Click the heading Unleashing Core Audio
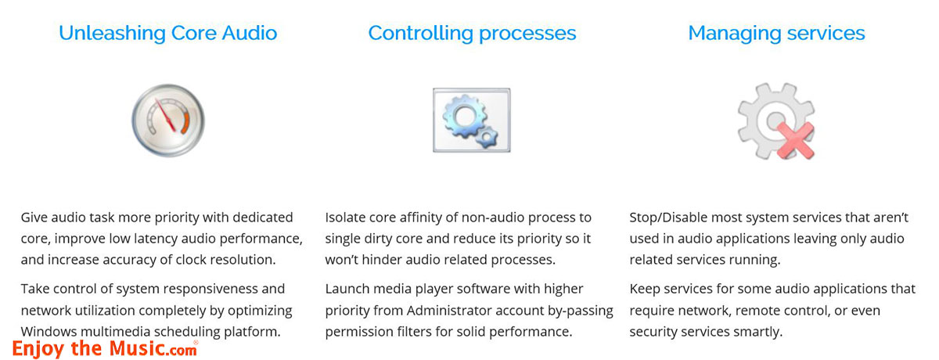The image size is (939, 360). coord(167,33)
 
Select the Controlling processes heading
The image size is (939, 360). coord(472,34)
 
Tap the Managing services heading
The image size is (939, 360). coord(776,34)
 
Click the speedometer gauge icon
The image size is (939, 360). coord(168,121)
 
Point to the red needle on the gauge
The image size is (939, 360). coord(165,115)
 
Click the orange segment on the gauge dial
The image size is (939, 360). coord(185,122)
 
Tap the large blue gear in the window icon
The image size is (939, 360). coord(464,116)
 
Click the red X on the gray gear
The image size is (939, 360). coord(795,141)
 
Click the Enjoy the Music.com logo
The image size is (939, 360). coord(105,349)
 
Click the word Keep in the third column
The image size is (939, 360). coord(645,289)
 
